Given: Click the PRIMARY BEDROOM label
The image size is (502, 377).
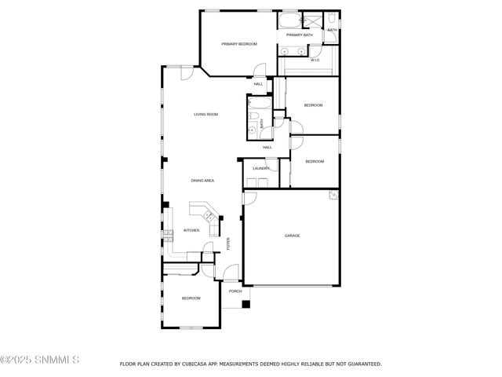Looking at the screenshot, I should [x=239, y=44].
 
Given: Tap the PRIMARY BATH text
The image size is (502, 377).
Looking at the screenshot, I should [x=299, y=35].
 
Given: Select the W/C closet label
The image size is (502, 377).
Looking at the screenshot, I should [x=315, y=60].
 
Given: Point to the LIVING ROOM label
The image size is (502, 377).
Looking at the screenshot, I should [x=206, y=115].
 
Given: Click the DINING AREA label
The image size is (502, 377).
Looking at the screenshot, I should [x=202, y=181].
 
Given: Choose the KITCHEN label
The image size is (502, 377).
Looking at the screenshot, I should [x=191, y=230].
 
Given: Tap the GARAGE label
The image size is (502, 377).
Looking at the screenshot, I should [x=292, y=236].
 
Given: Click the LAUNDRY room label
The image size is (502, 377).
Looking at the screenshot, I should [x=261, y=168].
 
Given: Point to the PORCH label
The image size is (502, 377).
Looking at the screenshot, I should [x=235, y=291].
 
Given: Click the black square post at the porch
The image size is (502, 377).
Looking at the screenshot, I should [x=246, y=305].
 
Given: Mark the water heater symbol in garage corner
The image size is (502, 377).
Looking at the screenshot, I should [x=333, y=195].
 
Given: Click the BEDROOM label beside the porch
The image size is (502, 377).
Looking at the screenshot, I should [x=191, y=298].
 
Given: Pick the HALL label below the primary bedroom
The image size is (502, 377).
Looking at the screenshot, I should [x=257, y=83].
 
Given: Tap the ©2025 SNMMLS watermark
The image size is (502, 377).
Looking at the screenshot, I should [x=39, y=362].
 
